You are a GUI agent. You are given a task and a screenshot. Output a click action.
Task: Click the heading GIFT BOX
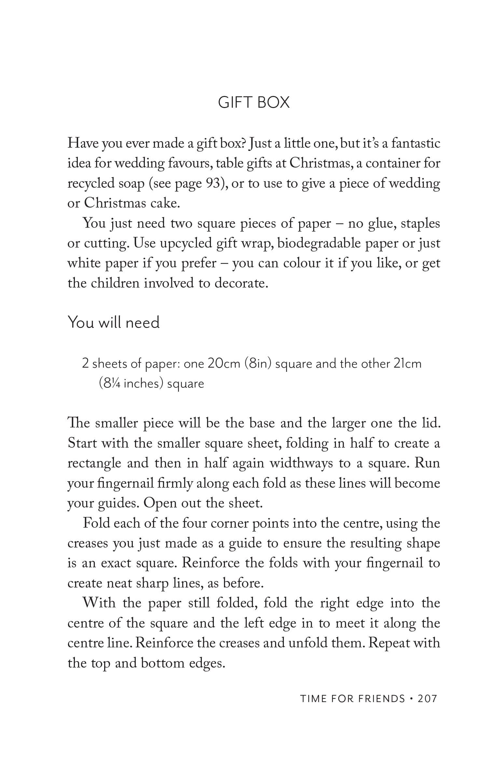[x=254, y=102]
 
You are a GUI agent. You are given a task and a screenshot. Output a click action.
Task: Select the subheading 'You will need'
[x=114, y=322]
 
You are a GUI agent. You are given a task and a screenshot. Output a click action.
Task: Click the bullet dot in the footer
[x=412, y=698]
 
